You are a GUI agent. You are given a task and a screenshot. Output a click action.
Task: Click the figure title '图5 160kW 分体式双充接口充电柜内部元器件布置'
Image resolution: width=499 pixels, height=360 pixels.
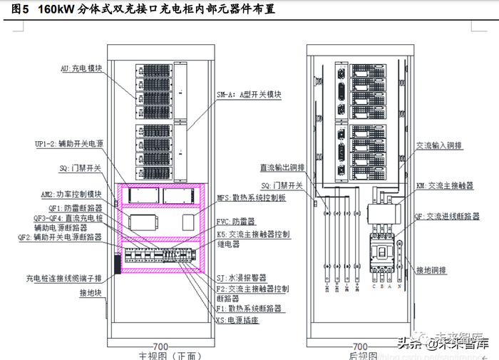[x=143, y=10]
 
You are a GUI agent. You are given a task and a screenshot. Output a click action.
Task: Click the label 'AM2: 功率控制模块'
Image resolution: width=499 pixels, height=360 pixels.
[x=72, y=194]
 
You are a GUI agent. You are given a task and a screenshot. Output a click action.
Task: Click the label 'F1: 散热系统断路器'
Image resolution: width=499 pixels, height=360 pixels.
[x=249, y=309]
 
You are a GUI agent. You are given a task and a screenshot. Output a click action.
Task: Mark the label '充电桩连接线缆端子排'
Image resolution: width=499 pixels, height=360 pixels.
[x=64, y=278]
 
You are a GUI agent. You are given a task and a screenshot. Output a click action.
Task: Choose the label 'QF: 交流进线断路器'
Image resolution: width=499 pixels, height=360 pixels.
[x=448, y=215]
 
